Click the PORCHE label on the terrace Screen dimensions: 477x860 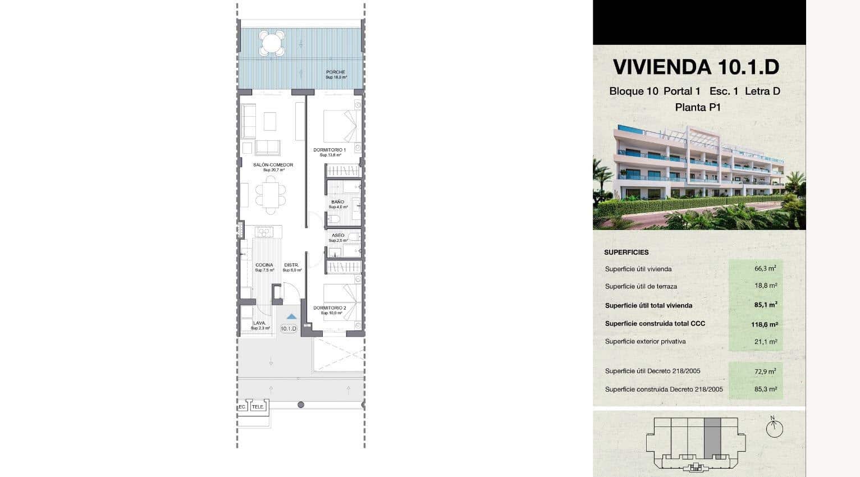336,72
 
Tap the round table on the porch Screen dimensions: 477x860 272,43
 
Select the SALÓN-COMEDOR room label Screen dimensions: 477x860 273,165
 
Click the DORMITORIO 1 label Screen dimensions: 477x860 330,150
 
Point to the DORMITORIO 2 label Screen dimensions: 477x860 330,308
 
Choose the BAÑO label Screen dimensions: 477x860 337,202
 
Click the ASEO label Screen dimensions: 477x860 338,236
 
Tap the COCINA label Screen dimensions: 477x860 264,265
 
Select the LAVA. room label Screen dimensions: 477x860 259,323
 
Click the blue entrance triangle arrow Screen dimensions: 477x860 291,317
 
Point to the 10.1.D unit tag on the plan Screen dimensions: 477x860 288,329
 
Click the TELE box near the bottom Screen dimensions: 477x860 258,407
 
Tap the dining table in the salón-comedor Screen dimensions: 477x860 271,195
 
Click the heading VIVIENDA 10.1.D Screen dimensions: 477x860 696,67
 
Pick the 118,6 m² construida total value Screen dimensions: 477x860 764,324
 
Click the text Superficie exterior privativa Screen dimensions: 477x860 645,341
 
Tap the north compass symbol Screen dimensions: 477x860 774,429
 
